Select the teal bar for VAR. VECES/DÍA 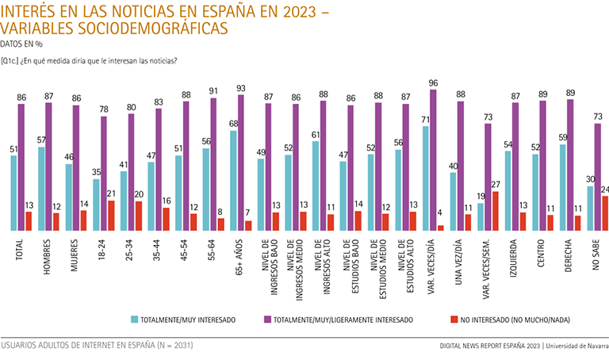[427, 178]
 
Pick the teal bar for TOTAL [14, 193]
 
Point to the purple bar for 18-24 [103, 174]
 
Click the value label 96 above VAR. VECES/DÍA [433, 82]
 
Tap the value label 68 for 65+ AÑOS [233, 123]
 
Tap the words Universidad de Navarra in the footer [576, 347]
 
